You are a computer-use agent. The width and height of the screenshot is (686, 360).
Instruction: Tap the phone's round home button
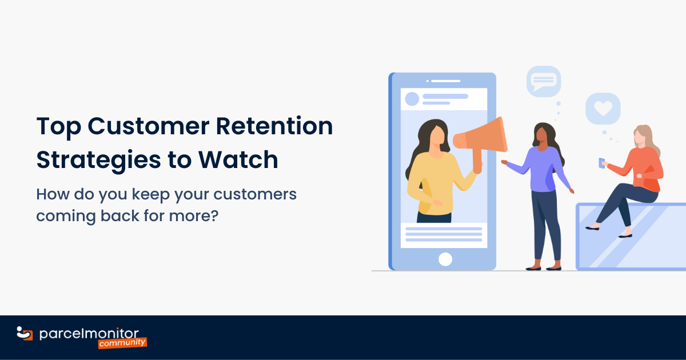coord(445,259)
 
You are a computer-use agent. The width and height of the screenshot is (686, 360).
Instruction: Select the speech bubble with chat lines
coord(543,81)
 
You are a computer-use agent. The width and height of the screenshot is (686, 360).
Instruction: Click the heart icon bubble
coord(603,108)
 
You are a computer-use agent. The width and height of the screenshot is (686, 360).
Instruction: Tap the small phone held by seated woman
coord(601,163)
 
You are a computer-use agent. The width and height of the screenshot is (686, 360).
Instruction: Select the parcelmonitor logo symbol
coord(25,333)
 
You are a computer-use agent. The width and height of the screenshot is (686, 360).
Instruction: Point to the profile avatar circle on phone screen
coord(412,99)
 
